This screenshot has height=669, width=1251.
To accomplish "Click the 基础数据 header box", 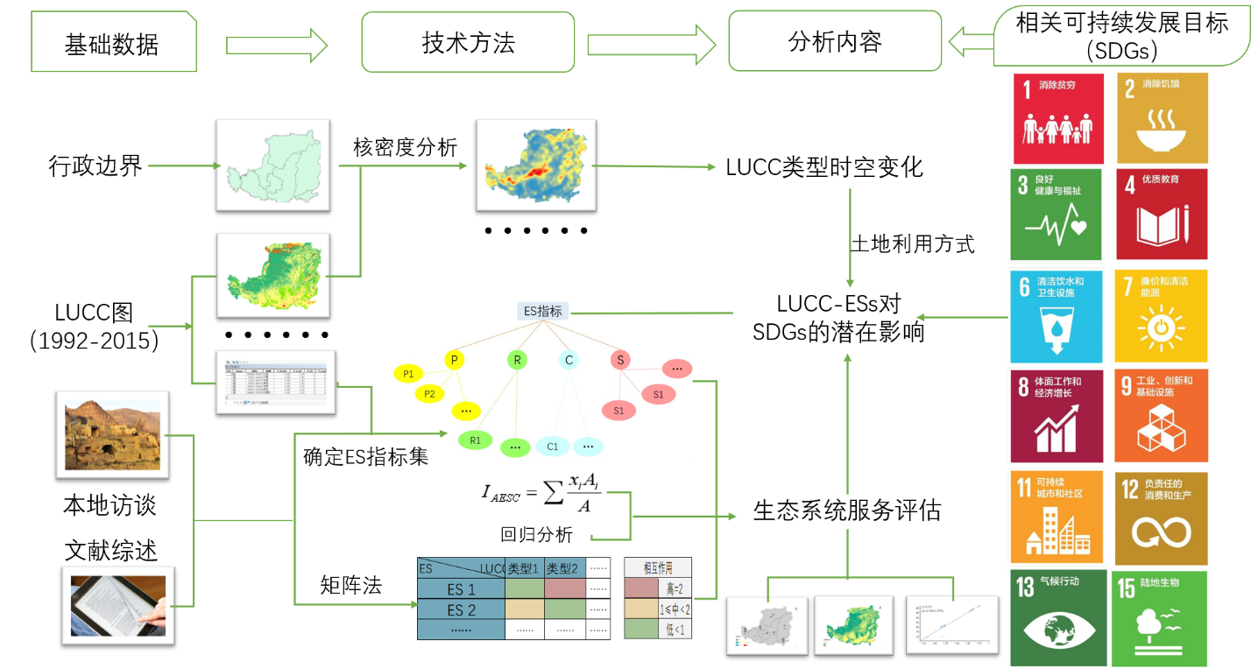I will click(x=113, y=43).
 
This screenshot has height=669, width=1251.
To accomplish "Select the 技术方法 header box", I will click(x=468, y=42).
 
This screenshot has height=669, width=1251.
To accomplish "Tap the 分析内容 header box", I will click(x=834, y=41).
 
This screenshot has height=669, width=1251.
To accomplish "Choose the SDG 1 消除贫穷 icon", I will click(x=1057, y=118).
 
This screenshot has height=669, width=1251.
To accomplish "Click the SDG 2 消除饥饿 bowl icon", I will click(x=1162, y=118).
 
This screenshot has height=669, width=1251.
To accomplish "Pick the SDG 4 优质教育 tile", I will click(x=1162, y=214).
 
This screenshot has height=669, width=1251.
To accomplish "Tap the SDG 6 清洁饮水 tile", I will click(x=1057, y=315).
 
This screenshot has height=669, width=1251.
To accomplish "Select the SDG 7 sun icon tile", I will click(x=1161, y=315).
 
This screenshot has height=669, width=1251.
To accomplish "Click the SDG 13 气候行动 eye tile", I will click(x=1057, y=616).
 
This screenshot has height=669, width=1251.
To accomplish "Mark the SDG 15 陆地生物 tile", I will click(x=1160, y=616).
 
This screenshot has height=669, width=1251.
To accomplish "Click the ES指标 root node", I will click(x=542, y=311).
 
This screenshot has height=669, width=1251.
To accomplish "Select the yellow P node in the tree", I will click(x=454, y=360).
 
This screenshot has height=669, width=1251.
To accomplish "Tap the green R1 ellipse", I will click(x=475, y=440).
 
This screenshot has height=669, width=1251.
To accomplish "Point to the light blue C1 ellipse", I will click(x=553, y=447).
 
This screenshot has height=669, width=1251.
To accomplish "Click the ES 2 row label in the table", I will click(x=461, y=609).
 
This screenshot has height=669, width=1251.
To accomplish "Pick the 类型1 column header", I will click(x=524, y=569).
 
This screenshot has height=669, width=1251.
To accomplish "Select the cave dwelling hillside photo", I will click(x=112, y=434).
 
